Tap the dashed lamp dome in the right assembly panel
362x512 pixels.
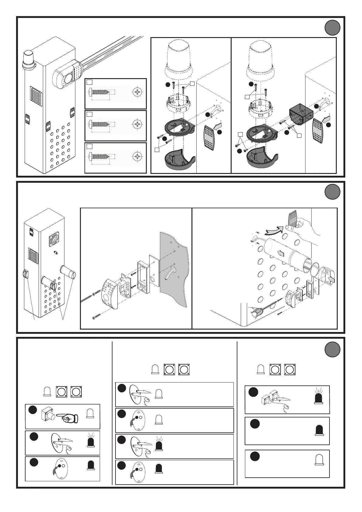tap(263, 61)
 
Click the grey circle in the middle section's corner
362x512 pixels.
tap(332, 192)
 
